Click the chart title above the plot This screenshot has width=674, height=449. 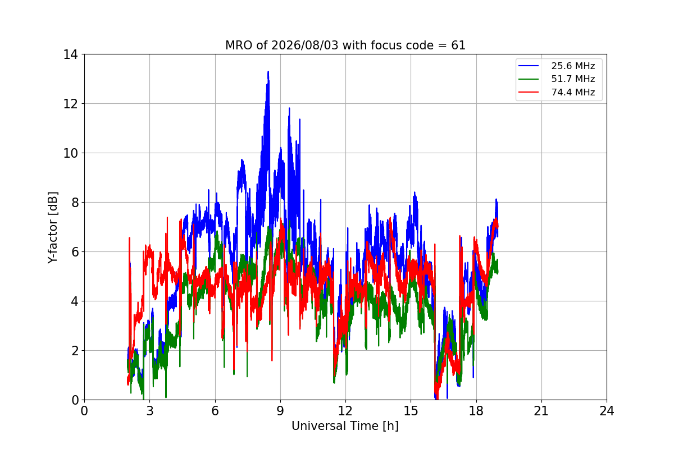coord(345,45)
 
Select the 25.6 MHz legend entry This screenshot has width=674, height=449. coord(557,66)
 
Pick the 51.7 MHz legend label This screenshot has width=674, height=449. coord(573,79)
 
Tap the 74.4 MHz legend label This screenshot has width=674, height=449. coord(573,92)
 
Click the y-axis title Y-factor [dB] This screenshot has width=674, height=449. coord(53,228)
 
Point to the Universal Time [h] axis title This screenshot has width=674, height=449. coord(345,426)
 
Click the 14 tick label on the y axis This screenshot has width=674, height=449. coord(70,55)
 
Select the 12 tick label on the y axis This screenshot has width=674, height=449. coord(70,104)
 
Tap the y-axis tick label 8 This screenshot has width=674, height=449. coord(75,203)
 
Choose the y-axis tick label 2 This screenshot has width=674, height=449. coord(75,351)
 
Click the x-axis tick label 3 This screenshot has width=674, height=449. coord(150,411)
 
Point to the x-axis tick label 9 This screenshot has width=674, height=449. coord(280,411)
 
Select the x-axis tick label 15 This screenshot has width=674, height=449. coord(411,411)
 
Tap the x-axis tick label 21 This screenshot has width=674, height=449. coord(541,411)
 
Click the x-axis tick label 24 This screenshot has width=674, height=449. coord(607,411)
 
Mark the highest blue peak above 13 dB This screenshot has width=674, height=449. coord(268,72)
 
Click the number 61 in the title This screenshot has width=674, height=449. coord(458,45)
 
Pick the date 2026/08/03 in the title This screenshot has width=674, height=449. coord(305,45)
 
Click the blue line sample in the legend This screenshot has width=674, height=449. coord(529,66)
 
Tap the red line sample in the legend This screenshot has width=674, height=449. coord(529,92)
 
